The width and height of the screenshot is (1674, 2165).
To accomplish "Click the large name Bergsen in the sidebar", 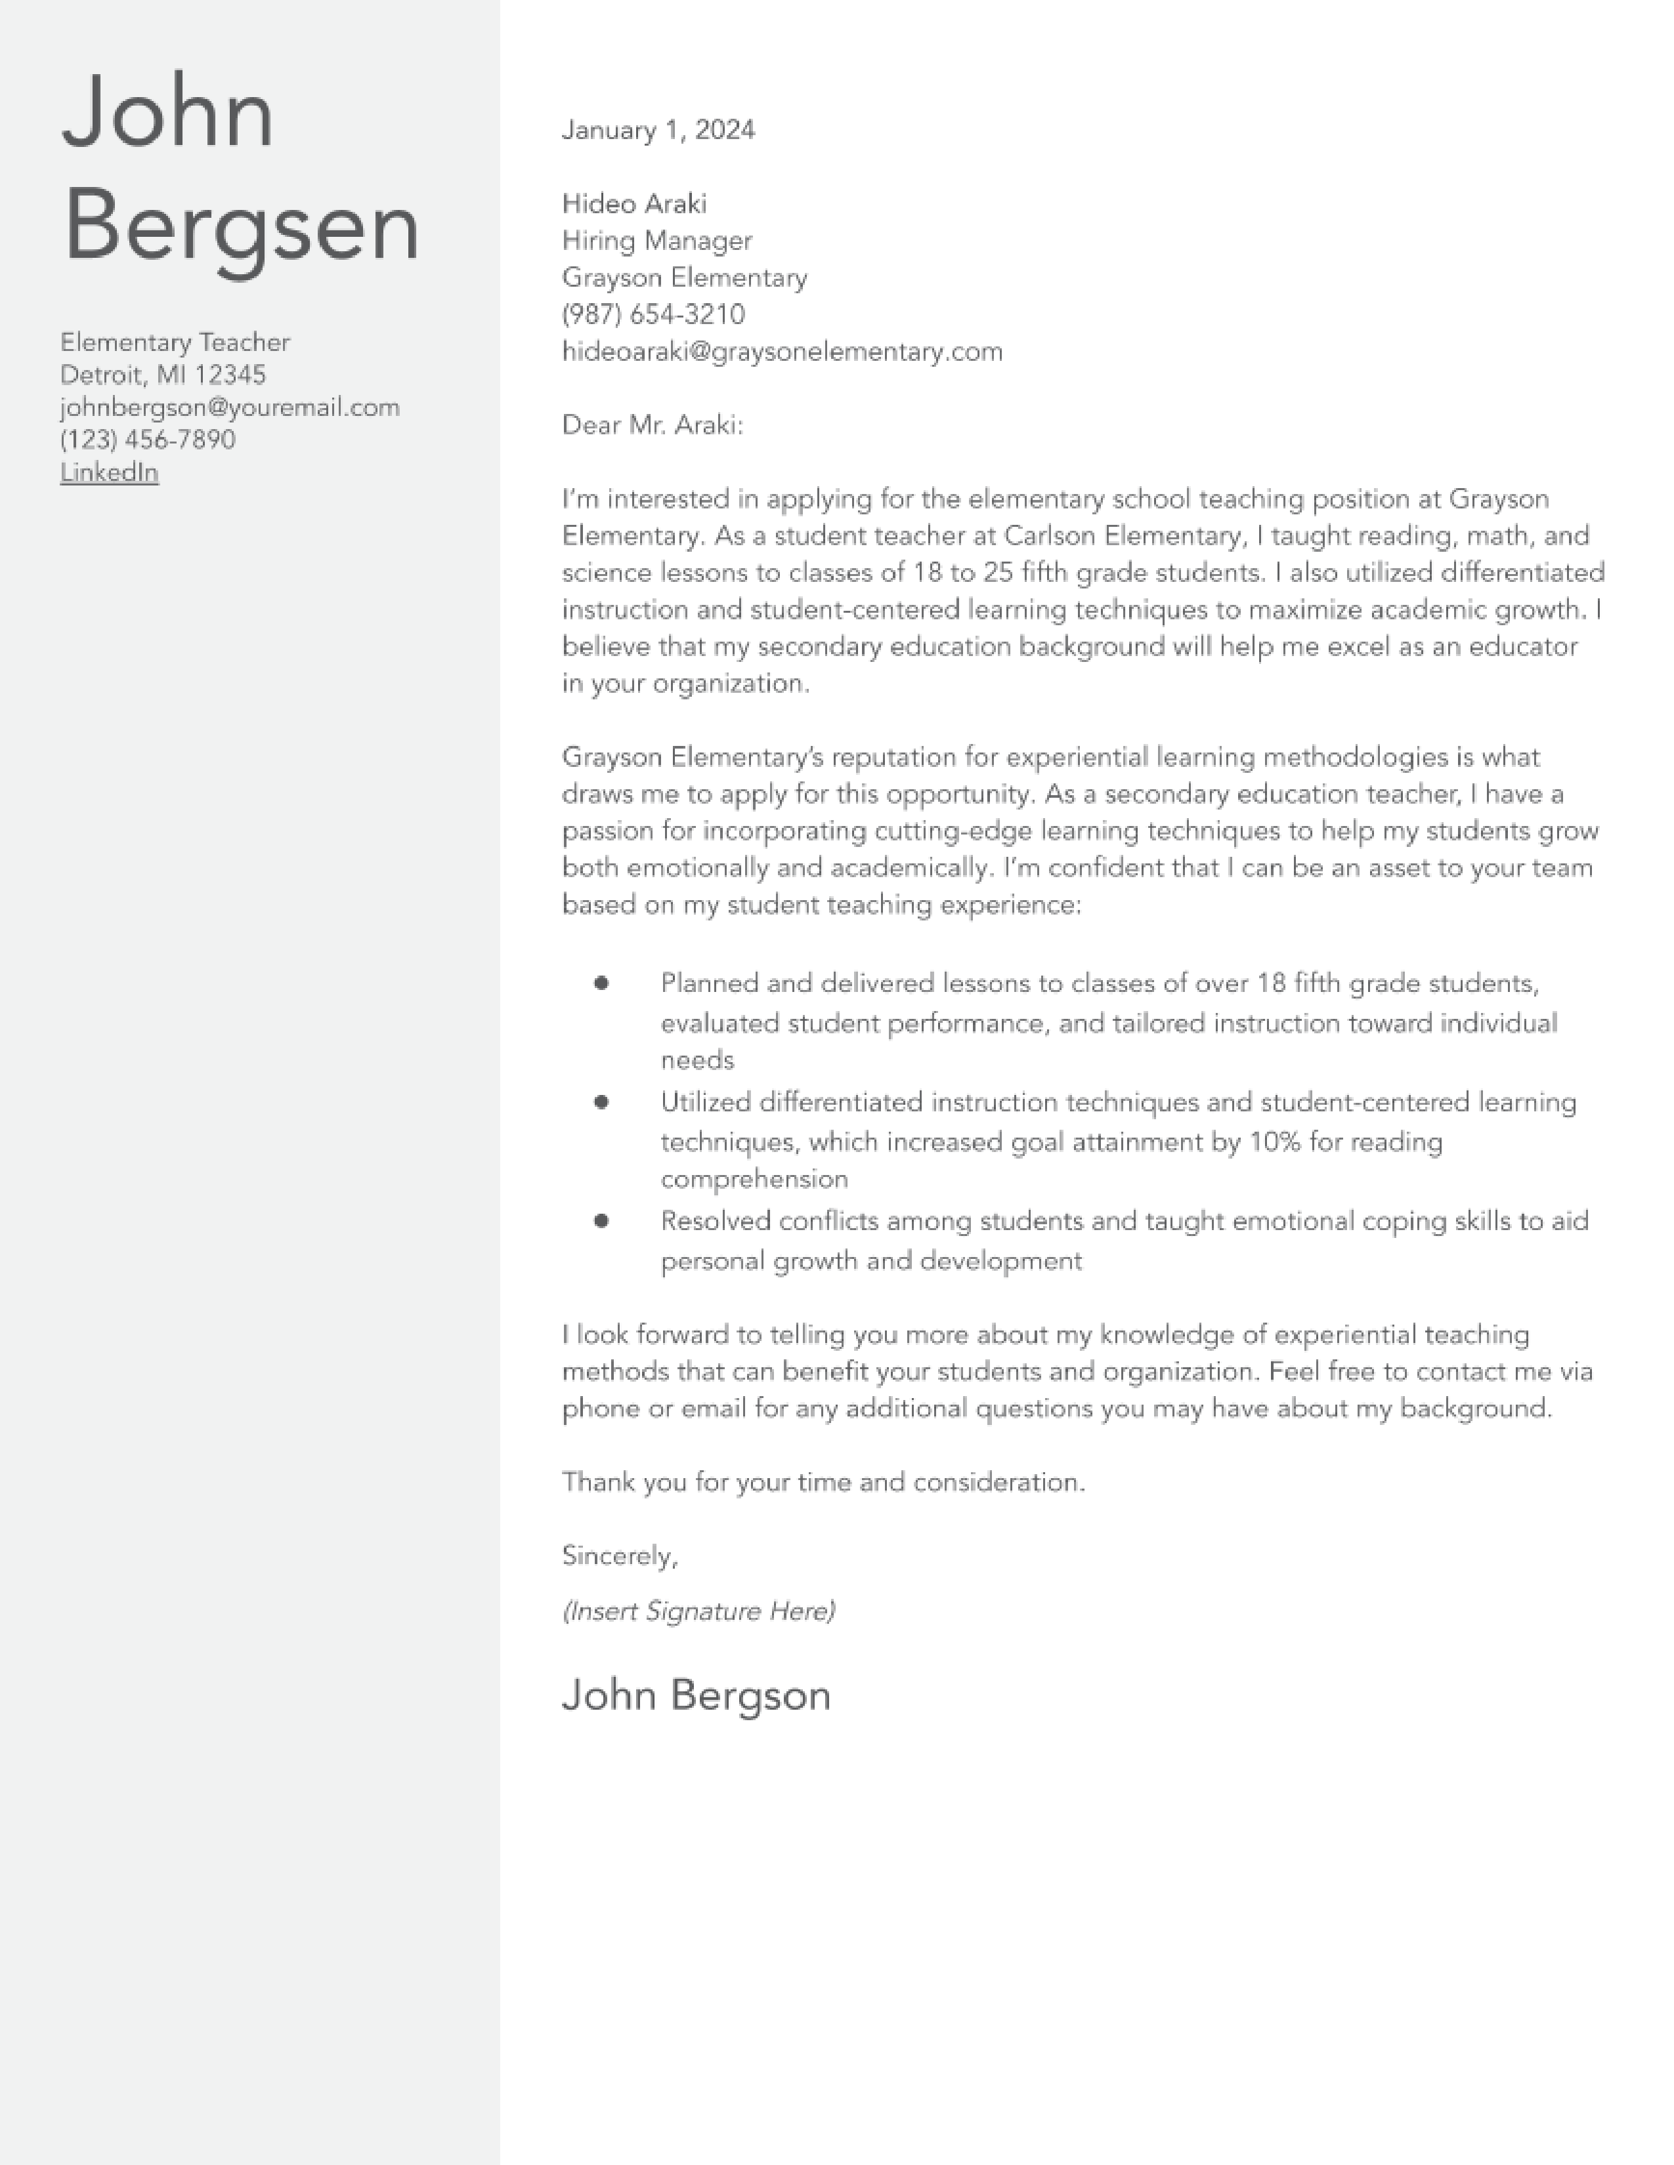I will coord(241,228).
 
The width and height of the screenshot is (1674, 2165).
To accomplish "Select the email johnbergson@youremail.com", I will coord(229,407).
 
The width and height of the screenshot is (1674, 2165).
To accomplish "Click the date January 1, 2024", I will coord(658,130).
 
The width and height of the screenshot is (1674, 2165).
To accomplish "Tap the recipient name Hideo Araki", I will coord(633,203).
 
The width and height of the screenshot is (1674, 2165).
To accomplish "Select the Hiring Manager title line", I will coord(656,241).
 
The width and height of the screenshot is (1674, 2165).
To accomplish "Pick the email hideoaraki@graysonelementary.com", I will coord(781,351).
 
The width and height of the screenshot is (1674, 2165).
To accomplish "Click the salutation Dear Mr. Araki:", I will coord(652,424).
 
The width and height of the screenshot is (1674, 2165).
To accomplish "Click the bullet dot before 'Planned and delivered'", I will coord(601,982).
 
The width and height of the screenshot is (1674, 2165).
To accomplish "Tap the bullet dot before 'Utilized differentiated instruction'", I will coord(601,1102).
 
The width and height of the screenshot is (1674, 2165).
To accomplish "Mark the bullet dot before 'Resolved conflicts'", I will coord(601,1220).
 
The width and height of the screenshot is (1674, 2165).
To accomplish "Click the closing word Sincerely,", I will coord(620,1556).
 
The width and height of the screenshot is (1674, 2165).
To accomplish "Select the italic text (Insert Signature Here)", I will coord(698,1611).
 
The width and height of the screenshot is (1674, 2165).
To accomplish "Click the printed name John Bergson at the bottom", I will coord(695,1696).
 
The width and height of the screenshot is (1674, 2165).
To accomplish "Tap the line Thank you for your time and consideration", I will coord(823,1482).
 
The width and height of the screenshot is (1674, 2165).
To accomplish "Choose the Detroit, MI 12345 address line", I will coord(163,375).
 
